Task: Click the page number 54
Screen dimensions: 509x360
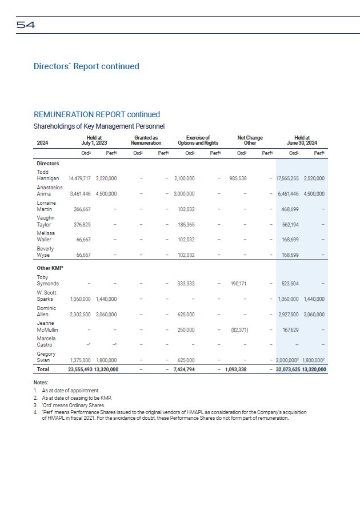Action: coord(26,25)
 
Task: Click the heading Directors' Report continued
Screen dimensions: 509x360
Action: coord(86,66)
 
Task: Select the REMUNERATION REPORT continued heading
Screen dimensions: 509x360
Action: coord(97,114)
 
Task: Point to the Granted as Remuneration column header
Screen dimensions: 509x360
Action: coord(146,140)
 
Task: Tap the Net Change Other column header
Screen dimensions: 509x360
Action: coord(250,140)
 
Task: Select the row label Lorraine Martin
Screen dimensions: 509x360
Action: coord(46,206)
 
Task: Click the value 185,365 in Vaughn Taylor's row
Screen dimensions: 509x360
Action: coord(186,225)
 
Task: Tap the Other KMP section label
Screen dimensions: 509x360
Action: coord(50,267)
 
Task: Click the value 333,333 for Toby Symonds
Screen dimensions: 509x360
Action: coord(186,284)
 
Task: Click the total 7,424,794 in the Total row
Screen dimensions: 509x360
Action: coord(185,369)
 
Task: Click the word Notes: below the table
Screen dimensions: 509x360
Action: coord(41,383)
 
